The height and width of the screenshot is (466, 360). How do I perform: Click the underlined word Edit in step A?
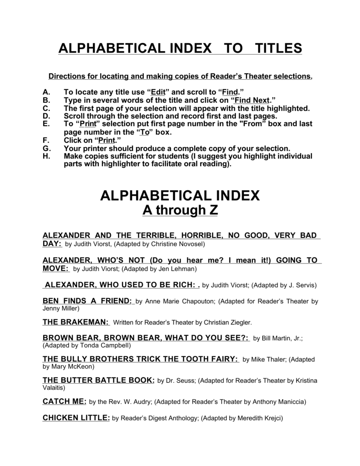click(159, 91)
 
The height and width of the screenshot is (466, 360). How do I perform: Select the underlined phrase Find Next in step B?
click(253, 100)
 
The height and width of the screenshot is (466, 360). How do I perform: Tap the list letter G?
click(45, 149)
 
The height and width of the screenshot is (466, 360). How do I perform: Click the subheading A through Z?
click(180, 210)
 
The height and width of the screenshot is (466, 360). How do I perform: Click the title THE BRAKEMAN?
click(76, 322)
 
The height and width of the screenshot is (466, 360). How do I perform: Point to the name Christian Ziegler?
click(226, 323)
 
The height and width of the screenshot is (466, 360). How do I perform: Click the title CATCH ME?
click(64, 401)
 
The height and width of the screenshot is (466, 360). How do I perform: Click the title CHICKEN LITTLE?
click(76, 418)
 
